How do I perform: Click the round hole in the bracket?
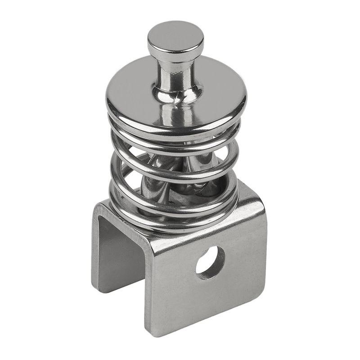point(210,261)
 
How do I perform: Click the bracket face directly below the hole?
point(209,297)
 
